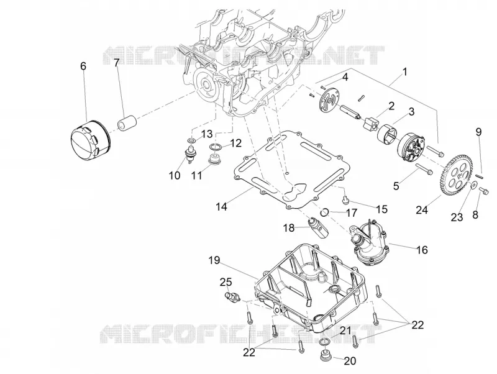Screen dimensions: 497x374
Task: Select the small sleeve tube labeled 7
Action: coord(127,122)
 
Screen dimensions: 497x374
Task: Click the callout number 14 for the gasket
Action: coord(222,207)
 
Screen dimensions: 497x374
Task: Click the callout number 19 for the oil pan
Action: coord(214,260)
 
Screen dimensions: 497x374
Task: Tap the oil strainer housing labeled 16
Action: coord(368,243)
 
